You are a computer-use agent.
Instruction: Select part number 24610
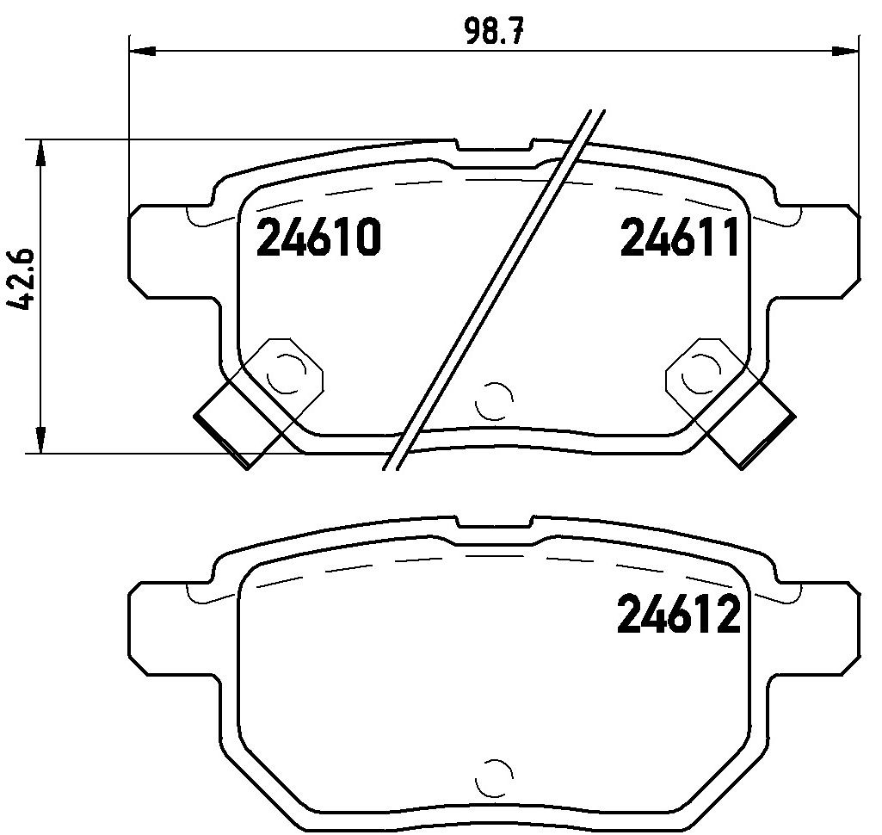click(319, 238)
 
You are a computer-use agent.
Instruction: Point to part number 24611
click(680, 238)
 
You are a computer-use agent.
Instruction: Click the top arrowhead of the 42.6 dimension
click(40, 152)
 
